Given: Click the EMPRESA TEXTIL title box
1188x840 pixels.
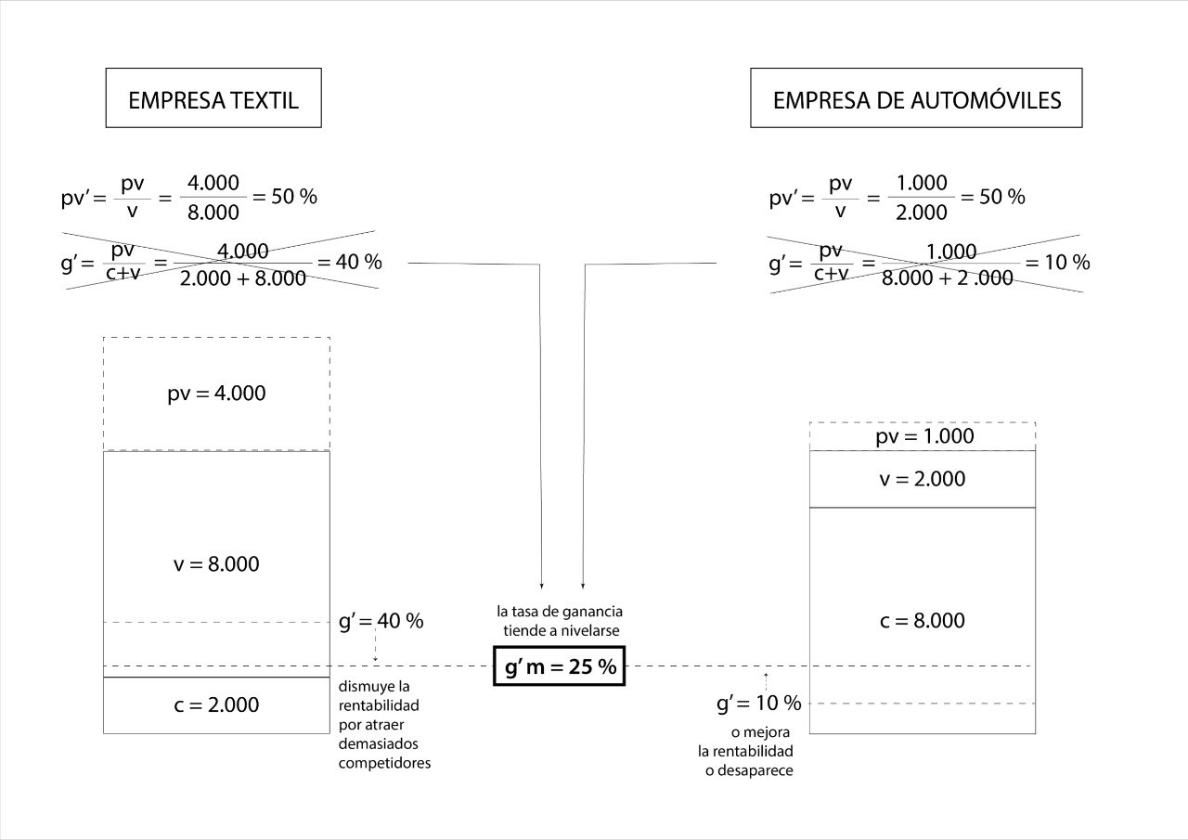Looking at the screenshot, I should [x=213, y=98].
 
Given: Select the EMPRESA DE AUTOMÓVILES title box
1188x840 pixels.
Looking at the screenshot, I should [x=916, y=98].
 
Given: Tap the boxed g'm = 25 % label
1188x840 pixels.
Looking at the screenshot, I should [x=560, y=666].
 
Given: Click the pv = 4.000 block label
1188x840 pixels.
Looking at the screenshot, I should [x=216, y=394].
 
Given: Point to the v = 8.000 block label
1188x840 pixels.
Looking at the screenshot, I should [x=216, y=564].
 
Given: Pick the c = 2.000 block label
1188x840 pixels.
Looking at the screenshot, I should [x=216, y=705].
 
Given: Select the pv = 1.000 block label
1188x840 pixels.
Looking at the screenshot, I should [x=924, y=437].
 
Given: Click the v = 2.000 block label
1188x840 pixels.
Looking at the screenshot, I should [x=923, y=479].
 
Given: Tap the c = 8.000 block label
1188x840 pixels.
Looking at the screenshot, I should [x=923, y=621].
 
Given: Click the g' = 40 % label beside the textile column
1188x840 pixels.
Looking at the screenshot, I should [x=381, y=621].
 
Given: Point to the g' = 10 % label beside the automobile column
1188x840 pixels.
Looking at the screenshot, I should [x=758, y=704].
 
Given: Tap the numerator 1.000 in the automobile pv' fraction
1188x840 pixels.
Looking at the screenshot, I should [x=923, y=182].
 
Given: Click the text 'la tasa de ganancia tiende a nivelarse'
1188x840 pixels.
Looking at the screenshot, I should [x=559, y=621].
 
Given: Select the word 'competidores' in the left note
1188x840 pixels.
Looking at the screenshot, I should [x=384, y=764].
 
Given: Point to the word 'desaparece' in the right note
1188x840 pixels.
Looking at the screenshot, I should [x=749, y=770].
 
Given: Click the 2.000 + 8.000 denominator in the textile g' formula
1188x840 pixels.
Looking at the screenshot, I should [x=243, y=278].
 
